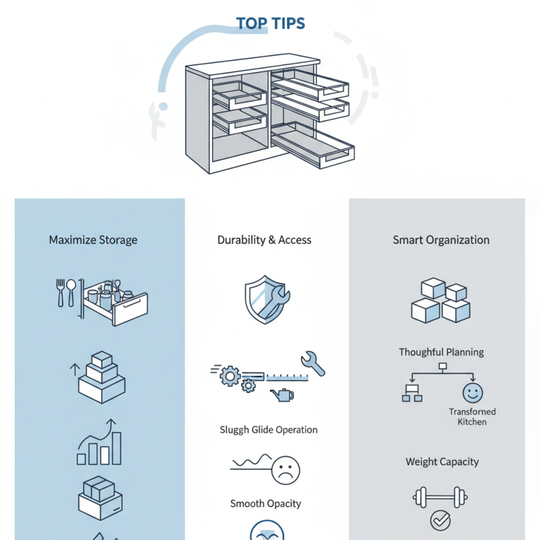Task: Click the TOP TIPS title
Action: [270, 24]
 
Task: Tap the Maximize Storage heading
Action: [93, 240]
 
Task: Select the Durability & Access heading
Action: [265, 240]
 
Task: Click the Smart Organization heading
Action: [441, 240]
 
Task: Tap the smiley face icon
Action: [472, 393]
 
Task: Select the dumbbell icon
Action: [439, 498]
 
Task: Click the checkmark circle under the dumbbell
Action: [439, 520]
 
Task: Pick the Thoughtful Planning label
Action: [441, 352]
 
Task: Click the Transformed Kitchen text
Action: [472, 416]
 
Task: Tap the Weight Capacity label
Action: [442, 462]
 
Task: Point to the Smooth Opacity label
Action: [265, 504]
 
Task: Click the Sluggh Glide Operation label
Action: [268, 429]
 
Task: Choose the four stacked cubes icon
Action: [439, 300]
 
